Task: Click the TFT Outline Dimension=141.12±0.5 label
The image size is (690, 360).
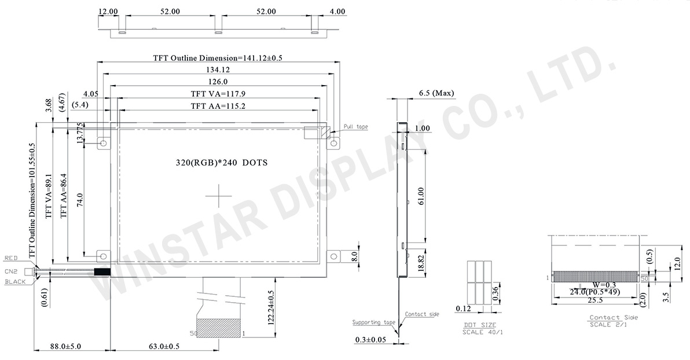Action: (221, 58)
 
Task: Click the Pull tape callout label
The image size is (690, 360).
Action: (355, 127)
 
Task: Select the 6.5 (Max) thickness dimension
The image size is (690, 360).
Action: (436, 93)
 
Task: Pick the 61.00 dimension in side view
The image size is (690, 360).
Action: (421, 196)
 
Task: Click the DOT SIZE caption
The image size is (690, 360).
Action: (479, 326)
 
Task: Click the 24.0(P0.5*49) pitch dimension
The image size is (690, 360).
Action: (596, 292)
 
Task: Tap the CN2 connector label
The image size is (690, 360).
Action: (12, 271)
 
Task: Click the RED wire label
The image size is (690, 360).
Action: (12, 258)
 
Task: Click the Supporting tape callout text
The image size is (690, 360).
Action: (374, 322)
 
